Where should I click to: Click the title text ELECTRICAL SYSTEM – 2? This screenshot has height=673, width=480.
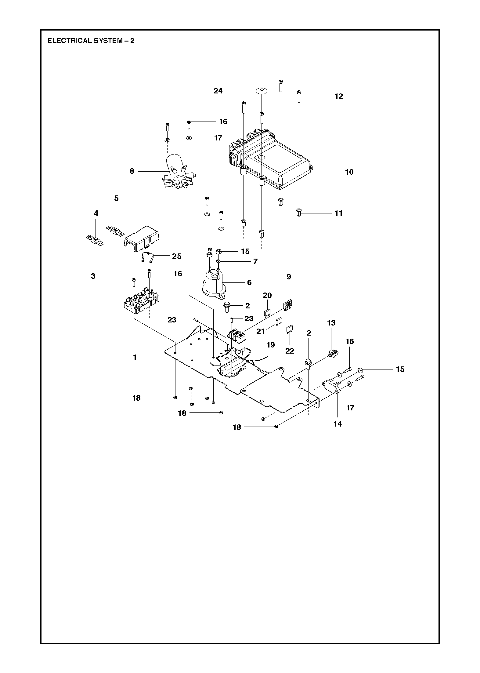tap(91, 41)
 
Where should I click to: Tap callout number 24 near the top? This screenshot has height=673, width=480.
tap(218, 91)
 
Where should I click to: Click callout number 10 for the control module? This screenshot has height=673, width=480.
tap(349, 172)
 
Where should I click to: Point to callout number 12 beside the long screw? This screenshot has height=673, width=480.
tap(339, 96)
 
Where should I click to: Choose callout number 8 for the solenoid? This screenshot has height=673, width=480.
tap(132, 171)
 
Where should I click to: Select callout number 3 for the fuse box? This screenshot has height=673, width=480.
tap(93, 276)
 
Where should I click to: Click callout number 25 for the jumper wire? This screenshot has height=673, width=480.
tap(177, 256)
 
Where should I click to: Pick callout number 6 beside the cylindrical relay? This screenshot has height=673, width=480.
tap(249, 283)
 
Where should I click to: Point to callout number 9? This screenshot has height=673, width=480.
tap(289, 277)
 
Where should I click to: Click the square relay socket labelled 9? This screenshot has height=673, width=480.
tap(287, 305)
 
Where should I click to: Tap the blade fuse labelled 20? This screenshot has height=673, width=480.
tap(268, 313)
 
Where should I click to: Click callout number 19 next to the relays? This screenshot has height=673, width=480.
tap(270, 345)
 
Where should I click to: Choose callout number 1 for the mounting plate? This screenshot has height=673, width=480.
tap(135, 357)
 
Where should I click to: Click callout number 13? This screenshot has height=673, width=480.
tap(331, 323)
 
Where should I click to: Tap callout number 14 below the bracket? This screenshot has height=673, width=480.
tap(337, 424)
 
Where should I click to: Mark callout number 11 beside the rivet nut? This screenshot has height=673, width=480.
tap(339, 213)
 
